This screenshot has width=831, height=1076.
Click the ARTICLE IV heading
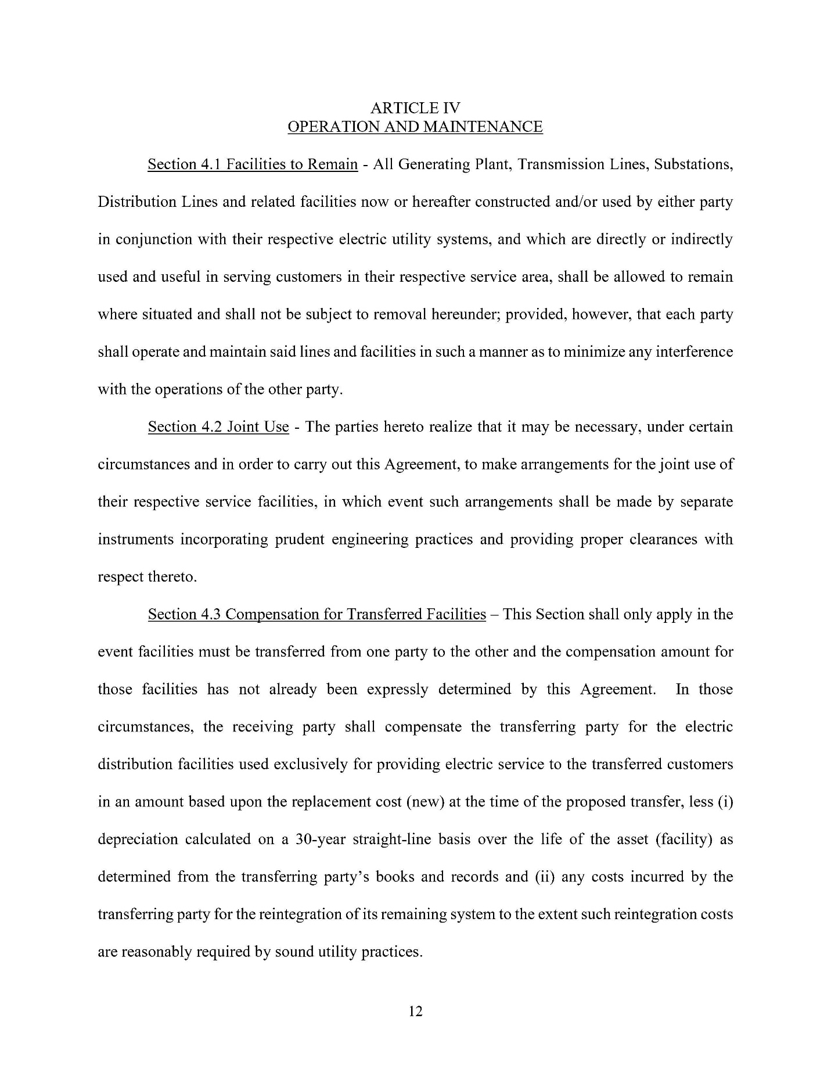click(415, 108)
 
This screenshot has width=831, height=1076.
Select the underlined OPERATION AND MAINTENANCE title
click(415, 127)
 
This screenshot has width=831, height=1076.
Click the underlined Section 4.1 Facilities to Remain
click(253, 164)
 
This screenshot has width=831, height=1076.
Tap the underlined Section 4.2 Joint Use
click(218, 427)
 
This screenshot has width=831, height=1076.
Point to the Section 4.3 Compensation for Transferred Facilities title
click(316, 615)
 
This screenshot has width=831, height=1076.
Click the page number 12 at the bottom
click(416, 1012)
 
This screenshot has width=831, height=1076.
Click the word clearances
click(663, 540)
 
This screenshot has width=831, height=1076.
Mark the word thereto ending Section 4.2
click(172, 578)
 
